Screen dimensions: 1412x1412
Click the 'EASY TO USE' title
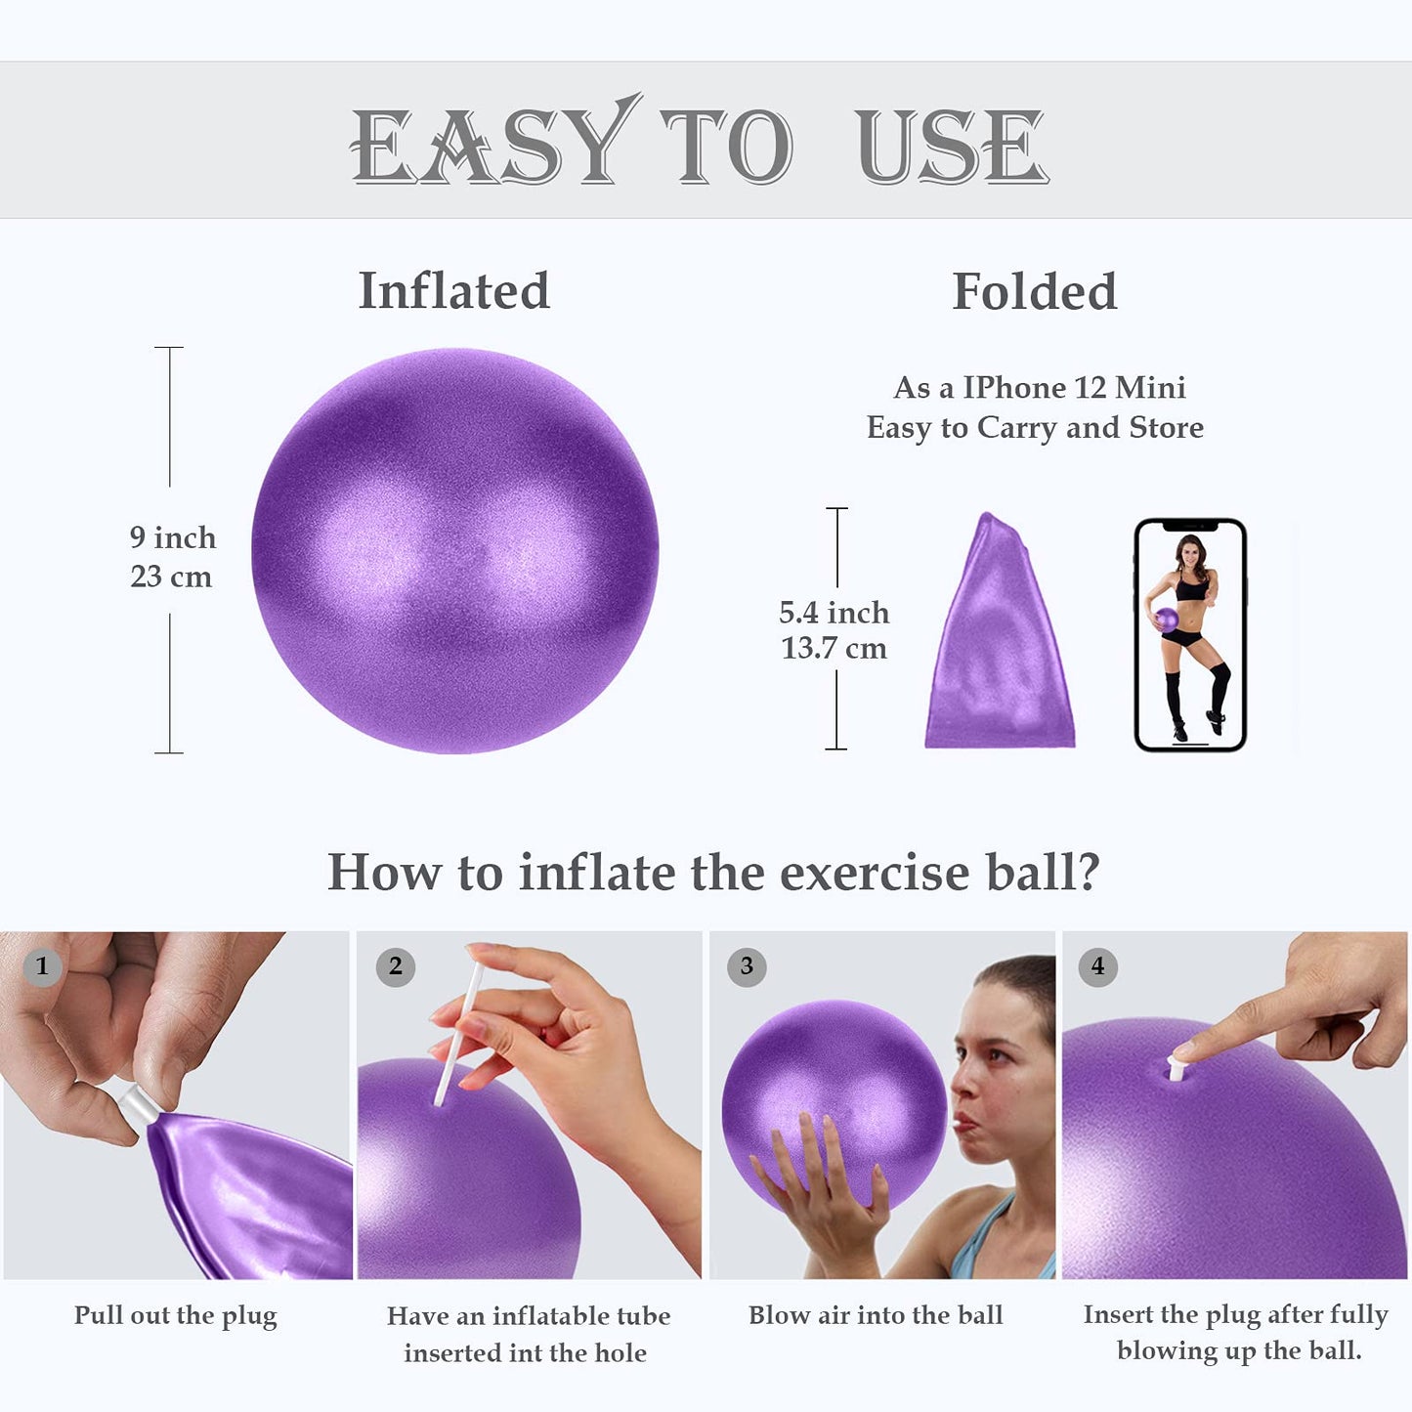699,145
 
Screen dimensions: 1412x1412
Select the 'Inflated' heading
453,291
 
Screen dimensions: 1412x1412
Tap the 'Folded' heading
1034,291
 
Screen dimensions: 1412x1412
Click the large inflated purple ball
454,551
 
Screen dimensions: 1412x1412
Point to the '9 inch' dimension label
173,537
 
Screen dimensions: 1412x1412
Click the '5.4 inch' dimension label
834,613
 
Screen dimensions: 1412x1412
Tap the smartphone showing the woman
1189,635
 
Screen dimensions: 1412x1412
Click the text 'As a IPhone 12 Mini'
1039,388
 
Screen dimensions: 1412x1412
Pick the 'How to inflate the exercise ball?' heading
713,872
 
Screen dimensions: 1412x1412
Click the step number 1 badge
42,966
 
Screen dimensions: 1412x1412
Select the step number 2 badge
395,966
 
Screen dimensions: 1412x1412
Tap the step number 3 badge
747,966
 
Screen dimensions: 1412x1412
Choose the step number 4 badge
1097,966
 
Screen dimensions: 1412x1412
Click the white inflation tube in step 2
457,1036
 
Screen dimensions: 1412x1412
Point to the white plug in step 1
135,1105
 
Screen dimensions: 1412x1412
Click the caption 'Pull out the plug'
176,1315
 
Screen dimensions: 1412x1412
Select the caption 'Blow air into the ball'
876,1315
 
